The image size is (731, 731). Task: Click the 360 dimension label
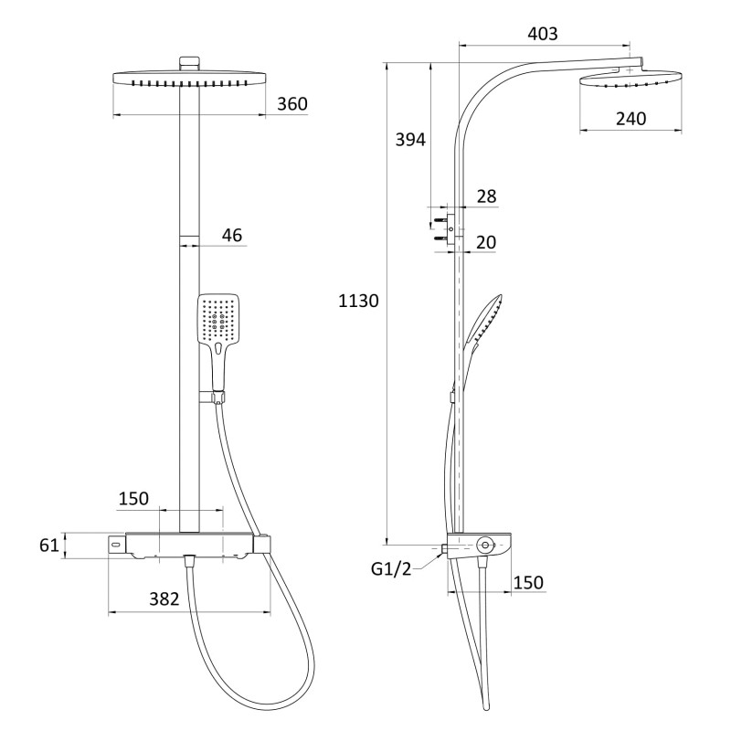(x=292, y=104)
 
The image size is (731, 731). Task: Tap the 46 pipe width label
(x=232, y=235)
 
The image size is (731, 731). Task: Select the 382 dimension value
(x=164, y=599)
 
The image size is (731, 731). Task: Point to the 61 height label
(x=49, y=545)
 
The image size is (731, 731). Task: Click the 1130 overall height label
(x=358, y=302)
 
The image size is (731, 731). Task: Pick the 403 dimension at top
(x=543, y=34)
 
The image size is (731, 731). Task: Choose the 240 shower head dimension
(x=630, y=119)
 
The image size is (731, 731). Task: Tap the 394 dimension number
(x=410, y=140)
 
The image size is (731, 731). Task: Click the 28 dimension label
(x=486, y=196)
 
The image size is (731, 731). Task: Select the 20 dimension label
(x=486, y=242)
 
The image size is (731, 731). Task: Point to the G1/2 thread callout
(x=391, y=568)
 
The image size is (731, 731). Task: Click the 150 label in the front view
(x=133, y=499)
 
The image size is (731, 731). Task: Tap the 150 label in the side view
(x=528, y=582)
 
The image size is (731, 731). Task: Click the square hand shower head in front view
(x=218, y=319)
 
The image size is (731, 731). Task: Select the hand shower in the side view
(x=483, y=323)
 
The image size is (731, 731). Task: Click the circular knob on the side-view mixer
(x=485, y=545)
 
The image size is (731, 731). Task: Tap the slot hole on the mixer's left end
(x=116, y=544)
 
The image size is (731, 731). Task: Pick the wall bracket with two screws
(x=444, y=228)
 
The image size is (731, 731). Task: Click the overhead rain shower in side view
(x=630, y=78)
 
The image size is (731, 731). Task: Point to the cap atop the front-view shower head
(x=189, y=63)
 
